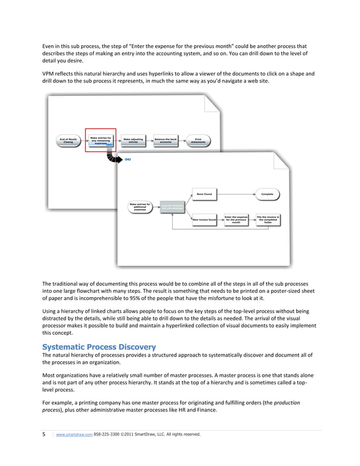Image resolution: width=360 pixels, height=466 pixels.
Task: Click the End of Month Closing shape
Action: click(68, 140)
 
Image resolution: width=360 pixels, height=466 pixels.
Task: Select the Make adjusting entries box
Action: click(133, 140)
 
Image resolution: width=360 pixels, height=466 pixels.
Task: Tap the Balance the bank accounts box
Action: click(166, 140)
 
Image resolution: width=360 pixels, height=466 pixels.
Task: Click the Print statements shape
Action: click(198, 140)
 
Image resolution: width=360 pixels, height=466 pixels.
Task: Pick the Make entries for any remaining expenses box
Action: click(100, 140)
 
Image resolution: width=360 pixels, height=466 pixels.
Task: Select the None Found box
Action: click(204, 195)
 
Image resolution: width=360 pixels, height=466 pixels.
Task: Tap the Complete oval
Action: click(267, 195)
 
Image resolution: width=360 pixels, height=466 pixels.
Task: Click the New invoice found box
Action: click(204, 219)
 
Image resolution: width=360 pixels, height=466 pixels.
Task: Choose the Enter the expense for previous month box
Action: click(236, 219)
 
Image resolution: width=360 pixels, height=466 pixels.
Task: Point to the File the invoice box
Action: click(268, 219)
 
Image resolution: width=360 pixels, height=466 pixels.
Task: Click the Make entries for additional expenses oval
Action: click(140, 206)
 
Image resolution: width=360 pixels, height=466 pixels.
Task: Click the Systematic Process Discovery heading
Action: click(99, 346)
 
